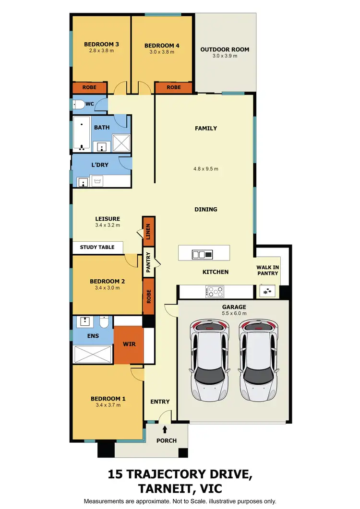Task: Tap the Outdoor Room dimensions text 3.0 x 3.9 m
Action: [x=225, y=56]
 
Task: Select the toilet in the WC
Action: [x=79, y=104]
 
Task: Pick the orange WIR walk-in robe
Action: [x=129, y=344]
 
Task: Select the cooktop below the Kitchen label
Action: [x=214, y=291]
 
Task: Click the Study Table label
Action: [x=97, y=247]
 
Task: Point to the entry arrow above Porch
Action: [x=166, y=429]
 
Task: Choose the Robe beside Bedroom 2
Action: [x=148, y=297]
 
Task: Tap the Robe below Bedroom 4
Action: [x=174, y=87]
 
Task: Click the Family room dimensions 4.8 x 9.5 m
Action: [x=205, y=169]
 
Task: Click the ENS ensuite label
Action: [x=93, y=336]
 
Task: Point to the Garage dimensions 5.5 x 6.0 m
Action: [x=234, y=314]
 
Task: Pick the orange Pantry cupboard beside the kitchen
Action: [x=148, y=263]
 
